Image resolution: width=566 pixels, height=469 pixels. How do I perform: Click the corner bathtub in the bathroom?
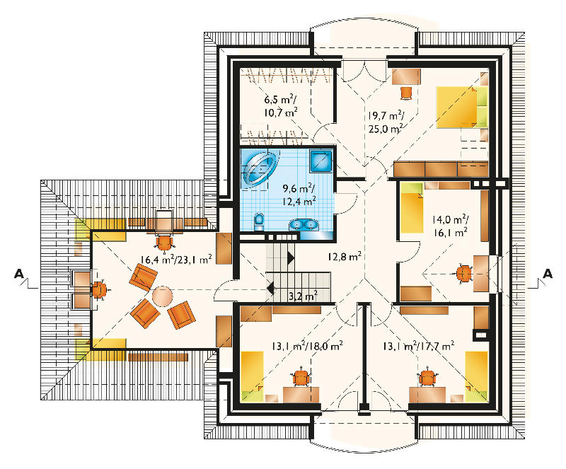(x=260, y=168)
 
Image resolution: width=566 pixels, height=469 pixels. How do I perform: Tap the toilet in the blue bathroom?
(x=259, y=221)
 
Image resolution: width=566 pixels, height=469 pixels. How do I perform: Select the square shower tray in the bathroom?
(x=320, y=161)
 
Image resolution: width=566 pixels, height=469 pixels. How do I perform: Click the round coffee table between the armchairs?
(x=163, y=296)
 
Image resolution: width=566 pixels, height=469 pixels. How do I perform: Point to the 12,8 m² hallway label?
(x=345, y=257)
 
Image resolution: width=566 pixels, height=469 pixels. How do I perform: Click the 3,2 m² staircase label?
(x=304, y=296)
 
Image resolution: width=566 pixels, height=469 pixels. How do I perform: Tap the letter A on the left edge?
(x=19, y=274)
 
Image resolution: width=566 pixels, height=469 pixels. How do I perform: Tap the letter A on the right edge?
(x=547, y=274)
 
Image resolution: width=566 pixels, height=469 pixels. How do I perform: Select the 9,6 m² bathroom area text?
(x=299, y=195)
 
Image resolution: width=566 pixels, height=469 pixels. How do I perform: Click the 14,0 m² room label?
(x=451, y=226)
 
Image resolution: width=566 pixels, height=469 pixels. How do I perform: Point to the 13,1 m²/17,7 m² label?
(x=418, y=346)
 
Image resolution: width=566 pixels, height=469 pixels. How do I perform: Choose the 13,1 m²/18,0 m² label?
(x=307, y=346)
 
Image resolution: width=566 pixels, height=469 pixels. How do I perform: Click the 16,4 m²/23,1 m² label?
(x=176, y=259)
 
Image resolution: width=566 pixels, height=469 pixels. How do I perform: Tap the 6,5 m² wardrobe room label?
(x=281, y=105)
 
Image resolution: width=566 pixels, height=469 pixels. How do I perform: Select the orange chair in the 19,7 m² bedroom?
(x=406, y=93)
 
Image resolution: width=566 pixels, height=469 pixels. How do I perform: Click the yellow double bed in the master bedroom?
(x=462, y=108)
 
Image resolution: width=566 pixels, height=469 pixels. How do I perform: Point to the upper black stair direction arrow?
(x=291, y=257)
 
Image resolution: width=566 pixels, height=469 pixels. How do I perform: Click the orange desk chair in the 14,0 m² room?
(x=464, y=273)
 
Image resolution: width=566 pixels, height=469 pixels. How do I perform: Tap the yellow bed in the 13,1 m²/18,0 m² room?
(x=252, y=376)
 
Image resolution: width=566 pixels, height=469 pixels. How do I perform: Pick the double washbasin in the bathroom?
(x=304, y=224)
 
